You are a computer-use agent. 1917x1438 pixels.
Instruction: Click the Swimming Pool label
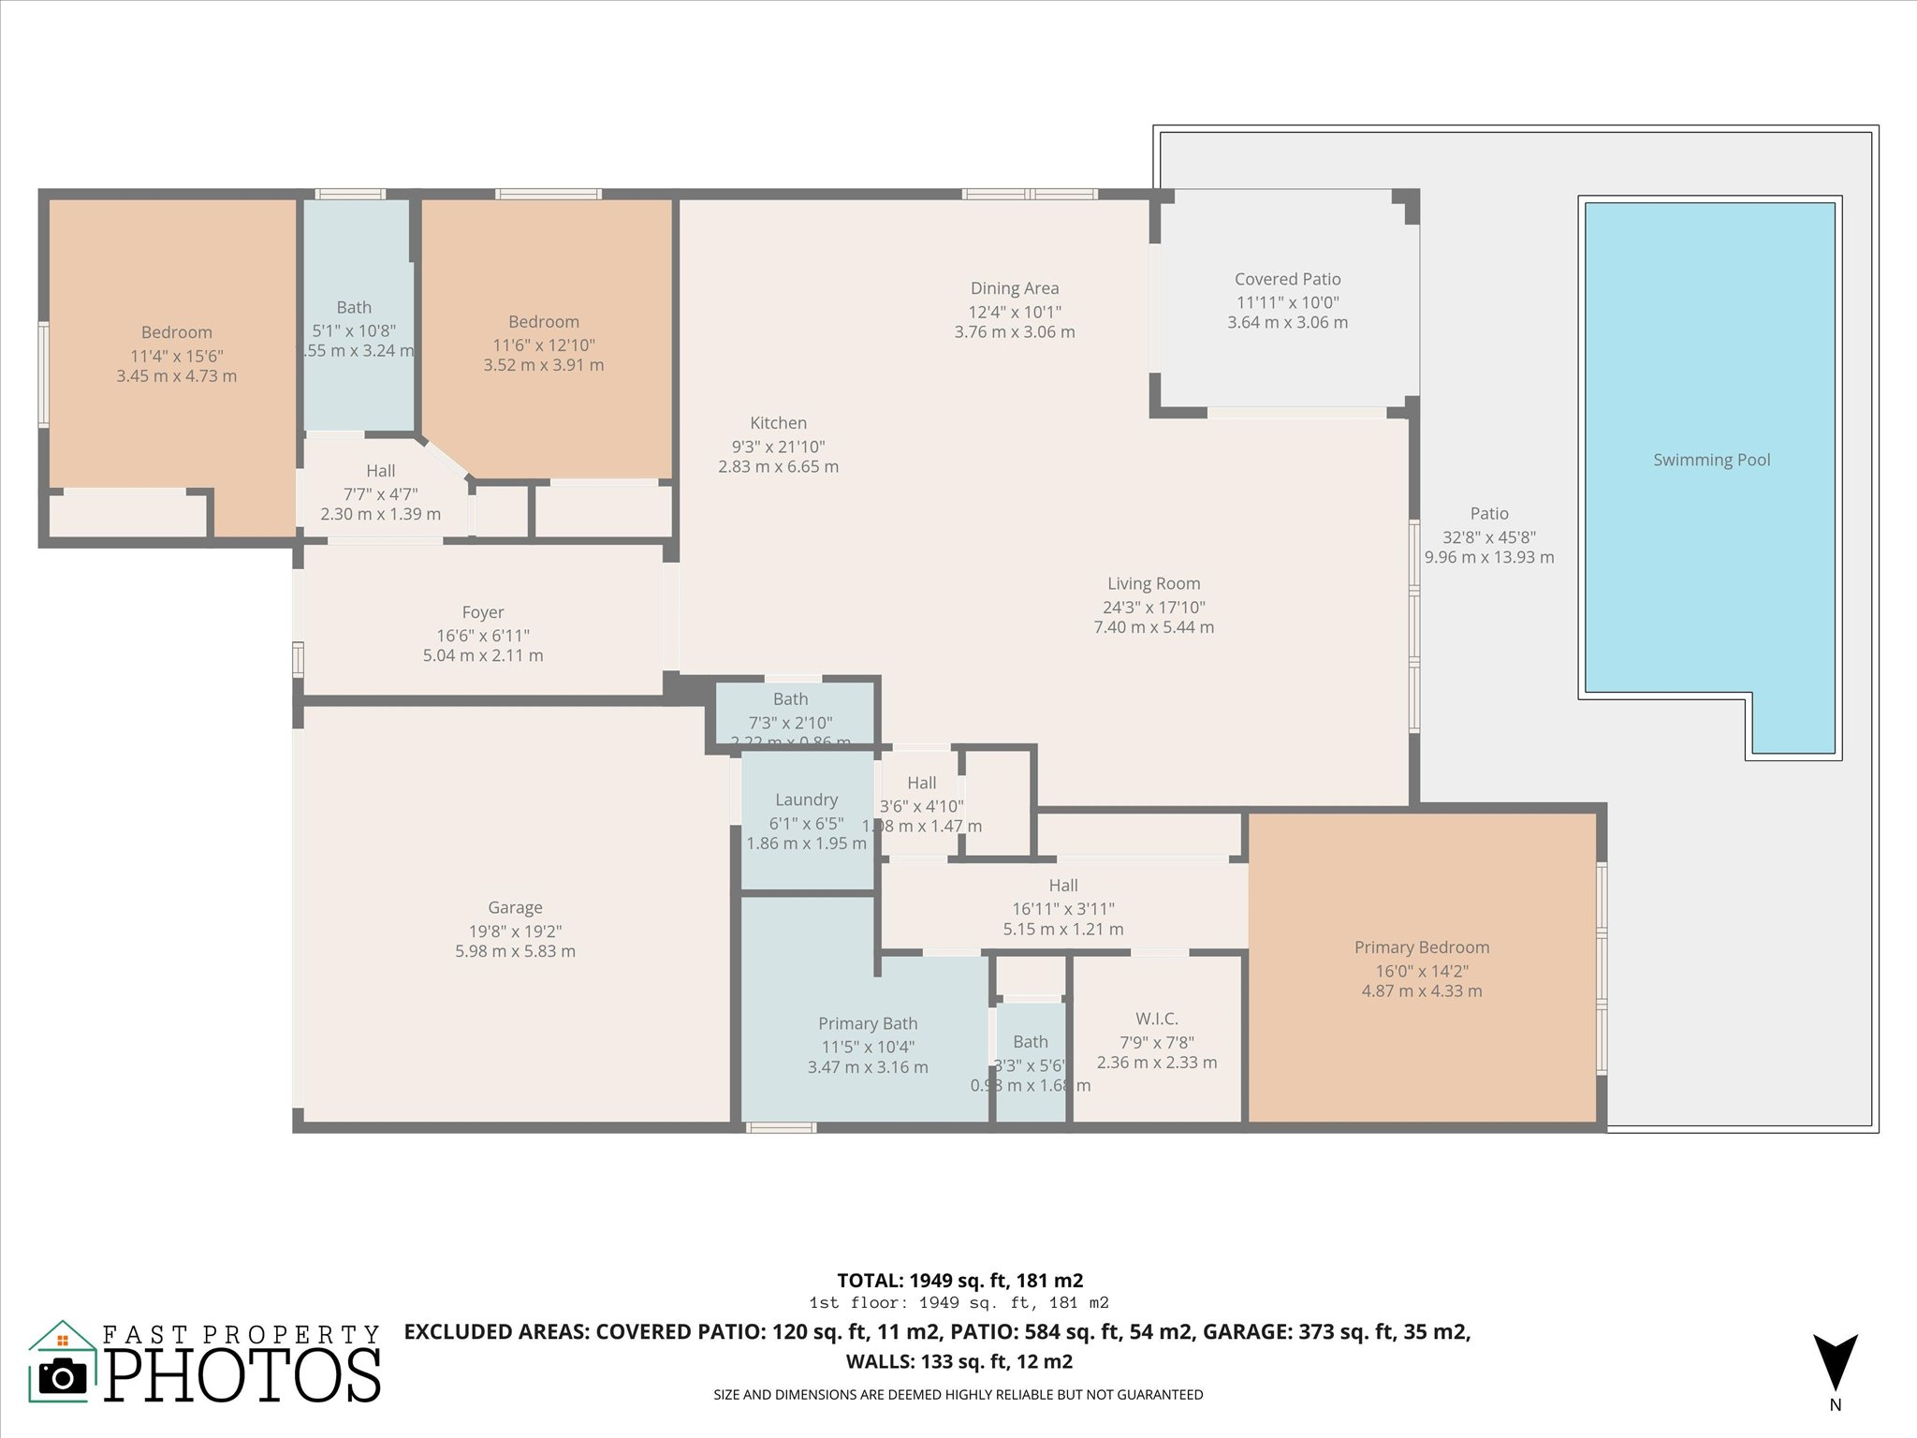pyautogui.click(x=1711, y=460)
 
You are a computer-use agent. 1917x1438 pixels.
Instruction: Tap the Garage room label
pyautogui.click(x=515, y=907)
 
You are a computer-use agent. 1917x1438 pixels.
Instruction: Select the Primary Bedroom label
pyautogui.click(x=1421, y=947)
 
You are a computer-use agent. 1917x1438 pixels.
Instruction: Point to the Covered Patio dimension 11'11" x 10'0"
pyautogui.click(x=1287, y=302)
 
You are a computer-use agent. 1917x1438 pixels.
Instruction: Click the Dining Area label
pyautogui.click(x=1015, y=288)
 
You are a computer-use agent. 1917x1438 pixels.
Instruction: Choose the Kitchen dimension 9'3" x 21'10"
pyautogui.click(x=778, y=447)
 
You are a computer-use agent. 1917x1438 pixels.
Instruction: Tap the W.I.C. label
pyautogui.click(x=1156, y=1019)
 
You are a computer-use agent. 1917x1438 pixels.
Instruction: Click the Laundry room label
pyautogui.click(x=806, y=800)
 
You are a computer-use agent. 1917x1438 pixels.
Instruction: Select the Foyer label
pyautogui.click(x=483, y=612)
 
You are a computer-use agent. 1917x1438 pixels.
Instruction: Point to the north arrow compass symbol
pyautogui.click(x=1835, y=1363)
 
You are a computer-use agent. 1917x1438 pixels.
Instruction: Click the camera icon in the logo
pyautogui.click(x=63, y=1375)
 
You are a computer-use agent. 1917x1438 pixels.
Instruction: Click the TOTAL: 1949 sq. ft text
pyautogui.click(x=959, y=1280)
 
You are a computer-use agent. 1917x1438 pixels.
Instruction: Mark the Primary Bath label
pyautogui.click(x=868, y=1023)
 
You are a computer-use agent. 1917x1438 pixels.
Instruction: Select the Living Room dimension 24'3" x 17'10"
pyautogui.click(x=1153, y=607)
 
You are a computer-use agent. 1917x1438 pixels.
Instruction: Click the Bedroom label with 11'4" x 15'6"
pyautogui.click(x=176, y=332)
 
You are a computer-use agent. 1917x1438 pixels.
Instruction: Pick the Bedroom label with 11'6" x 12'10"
pyautogui.click(x=543, y=322)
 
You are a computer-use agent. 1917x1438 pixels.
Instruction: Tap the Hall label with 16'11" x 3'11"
pyautogui.click(x=1062, y=886)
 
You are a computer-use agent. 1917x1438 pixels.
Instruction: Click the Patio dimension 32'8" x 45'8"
pyautogui.click(x=1488, y=537)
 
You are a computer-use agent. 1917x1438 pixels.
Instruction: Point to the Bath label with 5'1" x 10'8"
pyautogui.click(x=354, y=307)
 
